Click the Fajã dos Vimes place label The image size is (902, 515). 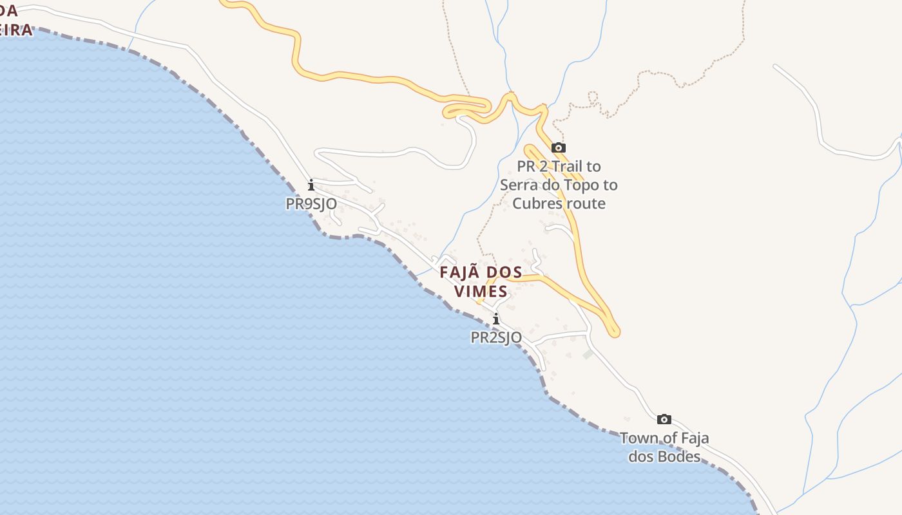click(x=481, y=281)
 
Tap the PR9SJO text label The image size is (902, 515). click(x=311, y=203)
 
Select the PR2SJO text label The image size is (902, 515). click(x=496, y=337)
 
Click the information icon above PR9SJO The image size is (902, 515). click(x=311, y=185)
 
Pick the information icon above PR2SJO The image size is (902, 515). click(x=495, y=319)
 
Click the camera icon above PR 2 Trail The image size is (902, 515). click(x=559, y=148)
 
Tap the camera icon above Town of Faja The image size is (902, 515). click(x=664, y=420)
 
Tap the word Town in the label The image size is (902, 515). click(x=639, y=438)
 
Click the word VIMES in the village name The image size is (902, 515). click(x=481, y=291)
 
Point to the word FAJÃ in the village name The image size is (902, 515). click(x=460, y=272)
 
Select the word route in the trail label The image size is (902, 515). click(x=585, y=203)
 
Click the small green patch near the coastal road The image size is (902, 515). click(x=588, y=354)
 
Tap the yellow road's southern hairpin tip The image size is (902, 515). click(x=615, y=332)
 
